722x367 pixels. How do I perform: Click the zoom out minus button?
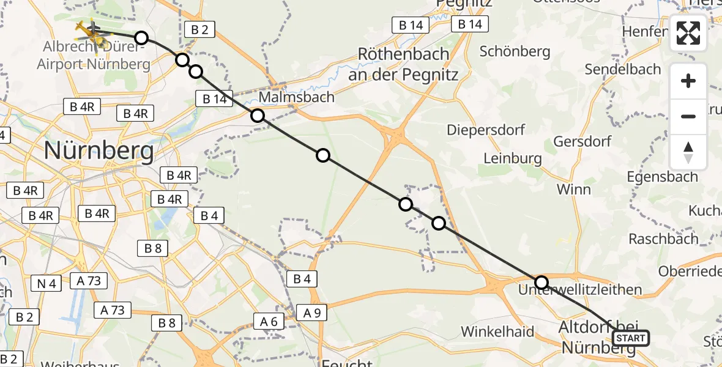tap(688, 116)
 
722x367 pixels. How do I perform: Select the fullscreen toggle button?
tap(688, 33)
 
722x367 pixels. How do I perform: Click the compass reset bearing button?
tap(688, 152)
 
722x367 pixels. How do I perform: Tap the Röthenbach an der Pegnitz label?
tap(403, 64)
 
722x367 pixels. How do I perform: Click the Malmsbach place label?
tap(297, 97)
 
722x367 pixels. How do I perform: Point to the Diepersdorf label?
tap(486, 130)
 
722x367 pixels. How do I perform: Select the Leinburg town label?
tap(513, 158)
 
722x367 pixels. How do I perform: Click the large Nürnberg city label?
tap(99, 150)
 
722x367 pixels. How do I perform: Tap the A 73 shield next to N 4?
tap(89, 281)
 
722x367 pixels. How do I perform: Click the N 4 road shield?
tap(46, 283)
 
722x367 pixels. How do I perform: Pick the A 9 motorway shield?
tap(311, 313)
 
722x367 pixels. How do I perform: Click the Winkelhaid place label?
tap(497, 332)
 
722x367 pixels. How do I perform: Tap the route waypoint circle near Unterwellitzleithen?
tap(541, 282)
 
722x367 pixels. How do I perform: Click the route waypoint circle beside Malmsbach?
tap(258, 116)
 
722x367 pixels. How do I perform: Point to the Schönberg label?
tap(515, 51)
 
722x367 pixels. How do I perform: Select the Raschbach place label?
tap(663, 239)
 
